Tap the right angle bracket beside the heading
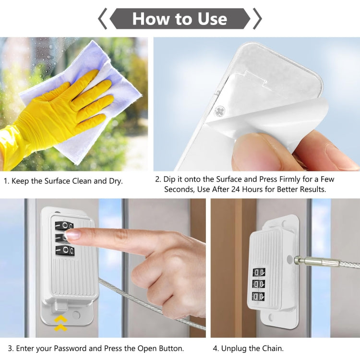[x=257, y=19]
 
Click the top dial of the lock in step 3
[x=64, y=226]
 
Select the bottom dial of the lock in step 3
[x=64, y=251]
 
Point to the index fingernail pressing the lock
[x=72, y=234]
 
